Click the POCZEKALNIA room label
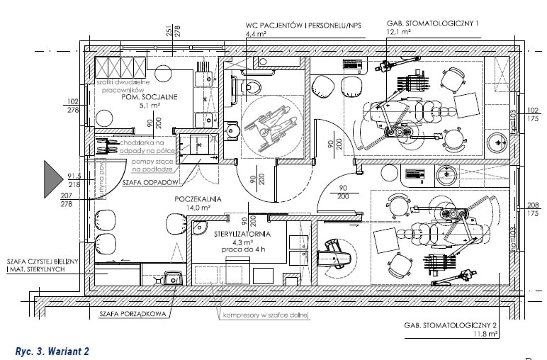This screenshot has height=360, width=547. (198, 199)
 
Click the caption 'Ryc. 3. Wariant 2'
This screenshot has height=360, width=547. (51, 350)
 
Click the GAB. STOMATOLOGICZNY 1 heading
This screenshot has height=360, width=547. (432, 23)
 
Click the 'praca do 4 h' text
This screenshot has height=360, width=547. (243, 250)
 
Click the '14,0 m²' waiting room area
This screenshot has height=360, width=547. (198, 208)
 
